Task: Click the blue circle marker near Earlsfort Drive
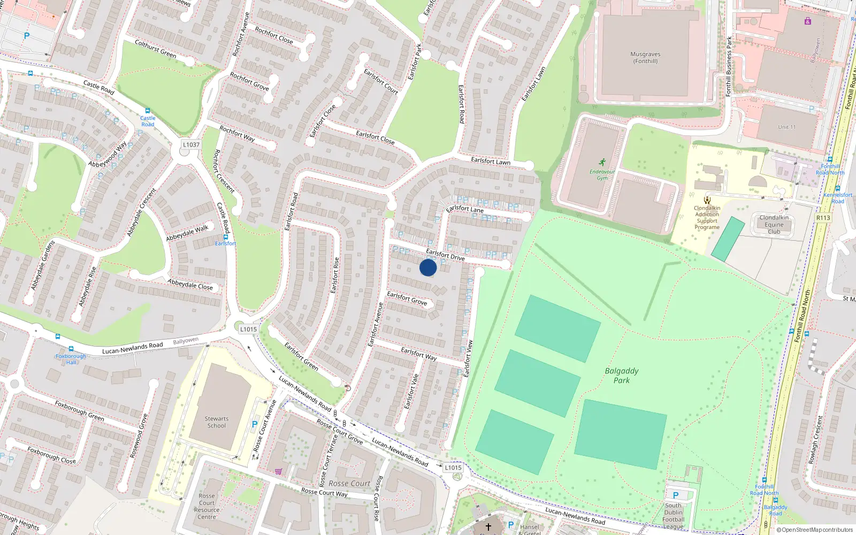click(x=428, y=267)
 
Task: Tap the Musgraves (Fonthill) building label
click(x=645, y=58)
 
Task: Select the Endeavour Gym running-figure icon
click(x=602, y=162)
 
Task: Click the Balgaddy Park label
click(x=622, y=376)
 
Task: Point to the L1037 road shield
click(x=191, y=144)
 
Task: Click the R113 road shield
click(x=823, y=218)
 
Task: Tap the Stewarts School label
click(x=217, y=422)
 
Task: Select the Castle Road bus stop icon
click(x=148, y=111)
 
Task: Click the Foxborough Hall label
click(x=71, y=359)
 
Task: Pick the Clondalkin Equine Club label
click(x=774, y=225)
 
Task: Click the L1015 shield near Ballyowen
click(x=248, y=329)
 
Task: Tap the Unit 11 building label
click(x=787, y=127)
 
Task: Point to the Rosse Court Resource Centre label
click(x=207, y=506)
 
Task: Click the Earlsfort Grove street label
click(x=407, y=299)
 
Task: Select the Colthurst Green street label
click(x=155, y=49)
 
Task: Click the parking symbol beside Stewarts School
click(x=255, y=425)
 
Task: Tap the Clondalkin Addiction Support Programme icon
click(x=707, y=200)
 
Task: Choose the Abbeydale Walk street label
click(x=187, y=233)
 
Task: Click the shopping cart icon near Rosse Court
click(x=278, y=471)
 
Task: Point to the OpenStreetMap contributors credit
click(x=815, y=530)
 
